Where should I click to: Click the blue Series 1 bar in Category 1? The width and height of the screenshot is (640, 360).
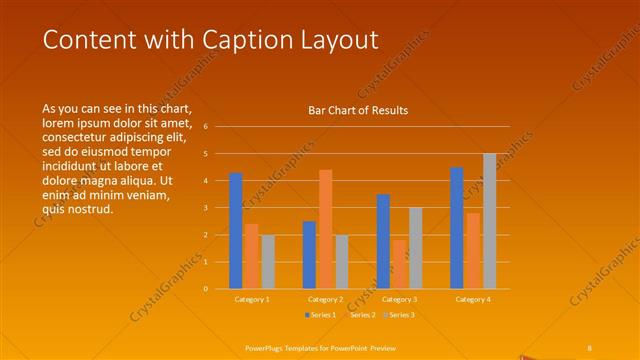(236, 231)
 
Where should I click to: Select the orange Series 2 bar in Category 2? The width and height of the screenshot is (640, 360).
(325, 229)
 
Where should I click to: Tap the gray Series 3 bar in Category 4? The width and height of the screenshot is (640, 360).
(489, 221)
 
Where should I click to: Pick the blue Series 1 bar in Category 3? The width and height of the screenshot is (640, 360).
(383, 241)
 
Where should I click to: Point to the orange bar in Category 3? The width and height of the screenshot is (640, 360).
(399, 264)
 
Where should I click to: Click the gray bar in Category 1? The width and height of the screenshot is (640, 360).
(268, 262)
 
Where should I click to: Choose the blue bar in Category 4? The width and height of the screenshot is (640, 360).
(457, 228)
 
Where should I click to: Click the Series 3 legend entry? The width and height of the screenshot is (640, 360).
(399, 315)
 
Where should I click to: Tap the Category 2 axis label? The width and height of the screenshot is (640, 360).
(325, 299)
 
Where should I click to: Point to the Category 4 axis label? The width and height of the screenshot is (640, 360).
(473, 299)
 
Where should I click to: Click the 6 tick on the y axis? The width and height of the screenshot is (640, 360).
(205, 127)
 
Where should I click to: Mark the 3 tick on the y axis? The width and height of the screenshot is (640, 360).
(205, 208)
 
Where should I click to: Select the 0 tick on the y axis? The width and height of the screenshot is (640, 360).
(205, 289)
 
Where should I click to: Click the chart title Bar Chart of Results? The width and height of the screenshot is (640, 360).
(357, 111)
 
